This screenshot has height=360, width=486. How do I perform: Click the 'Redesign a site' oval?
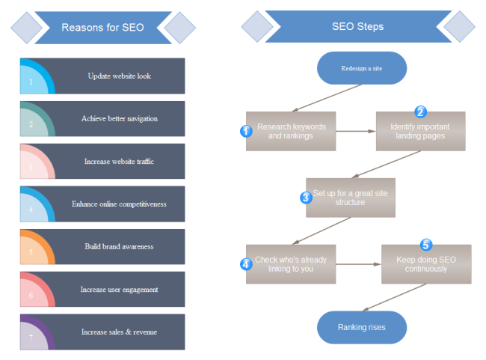point(361,67)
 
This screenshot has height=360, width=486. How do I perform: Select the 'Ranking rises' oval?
point(361,327)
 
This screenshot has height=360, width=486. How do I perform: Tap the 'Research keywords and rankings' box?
point(291,131)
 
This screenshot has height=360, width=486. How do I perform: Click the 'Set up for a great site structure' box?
point(350,198)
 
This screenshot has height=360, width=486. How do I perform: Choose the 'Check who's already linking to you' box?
point(291,264)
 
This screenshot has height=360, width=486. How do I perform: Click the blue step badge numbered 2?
point(420,112)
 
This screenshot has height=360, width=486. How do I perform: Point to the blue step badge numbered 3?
point(306,198)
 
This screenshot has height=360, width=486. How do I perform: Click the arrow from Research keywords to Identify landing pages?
point(356,131)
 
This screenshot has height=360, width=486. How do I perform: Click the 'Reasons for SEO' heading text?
point(102,28)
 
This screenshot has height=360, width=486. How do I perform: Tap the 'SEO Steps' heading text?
point(357,26)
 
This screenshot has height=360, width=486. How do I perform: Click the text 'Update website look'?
point(119,76)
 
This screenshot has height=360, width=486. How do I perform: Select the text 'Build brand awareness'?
point(119,246)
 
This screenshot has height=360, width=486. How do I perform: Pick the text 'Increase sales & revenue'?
point(119,332)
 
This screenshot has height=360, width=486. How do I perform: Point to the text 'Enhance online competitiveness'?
point(119,204)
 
